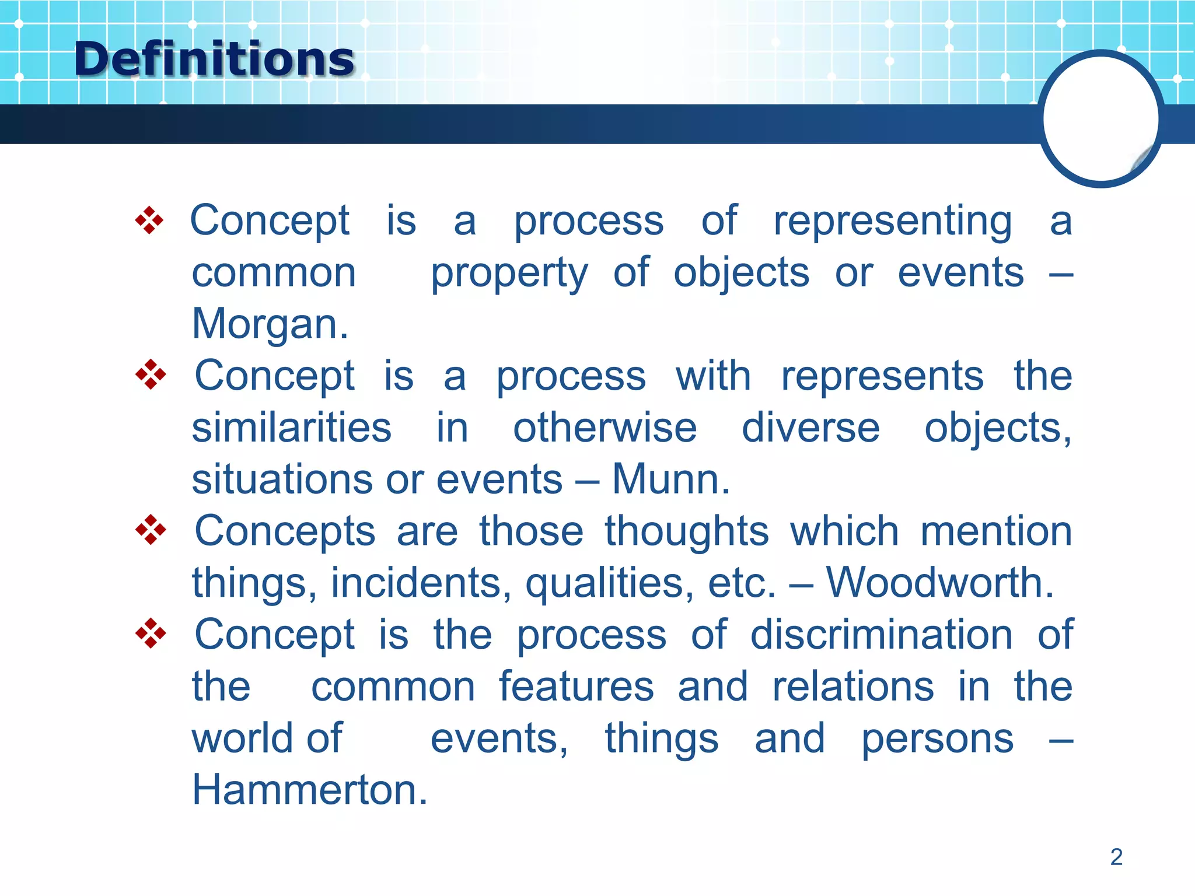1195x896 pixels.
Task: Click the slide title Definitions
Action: (x=214, y=60)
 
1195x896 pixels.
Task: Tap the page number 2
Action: (x=1116, y=857)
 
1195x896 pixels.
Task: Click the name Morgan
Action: (x=270, y=324)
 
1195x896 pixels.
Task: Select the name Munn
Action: (x=670, y=480)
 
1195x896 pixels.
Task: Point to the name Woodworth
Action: (x=939, y=583)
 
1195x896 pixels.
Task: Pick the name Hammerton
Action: (x=309, y=790)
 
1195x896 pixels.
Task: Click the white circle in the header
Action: (x=1100, y=118)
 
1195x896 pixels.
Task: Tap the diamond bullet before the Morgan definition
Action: (x=149, y=220)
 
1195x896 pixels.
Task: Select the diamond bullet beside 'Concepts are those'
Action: (x=151, y=530)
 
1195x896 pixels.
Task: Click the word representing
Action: (x=893, y=222)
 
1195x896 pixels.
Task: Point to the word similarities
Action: (x=291, y=428)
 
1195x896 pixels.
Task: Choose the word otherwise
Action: (x=605, y=428)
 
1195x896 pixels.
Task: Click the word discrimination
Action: (x=881, y=635)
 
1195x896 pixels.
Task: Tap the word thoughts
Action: (x=687, y=532)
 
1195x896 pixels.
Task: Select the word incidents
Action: (x=421, y=583)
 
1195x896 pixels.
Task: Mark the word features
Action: (x=576, y=687)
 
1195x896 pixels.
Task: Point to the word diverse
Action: (x=810, y=428)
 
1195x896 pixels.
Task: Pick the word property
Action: (x=509, y=273)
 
